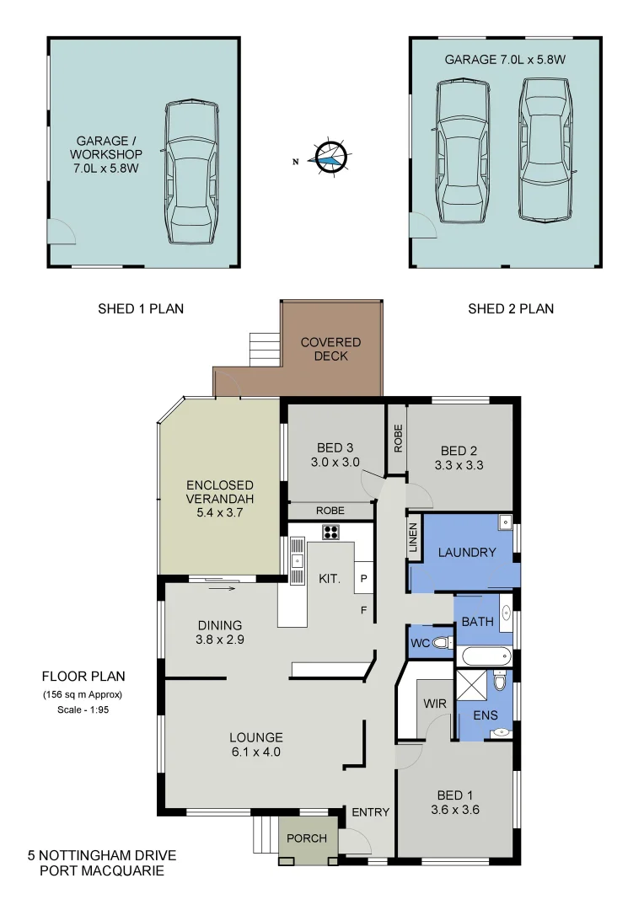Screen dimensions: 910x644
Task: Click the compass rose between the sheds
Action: (x=329, y=157)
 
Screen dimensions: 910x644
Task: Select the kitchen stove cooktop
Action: (x=331, y=532)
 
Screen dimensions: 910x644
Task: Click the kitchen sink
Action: (x=297, y=560)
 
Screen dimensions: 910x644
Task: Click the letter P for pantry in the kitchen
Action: (x=363, y=579)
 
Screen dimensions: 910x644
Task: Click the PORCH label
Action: (x=307, y=838)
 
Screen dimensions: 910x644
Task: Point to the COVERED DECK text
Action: (x=330, y=349)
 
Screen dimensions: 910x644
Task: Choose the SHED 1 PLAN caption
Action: (x=141, y=309)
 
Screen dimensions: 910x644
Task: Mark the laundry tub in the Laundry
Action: (x=504, y=521)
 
